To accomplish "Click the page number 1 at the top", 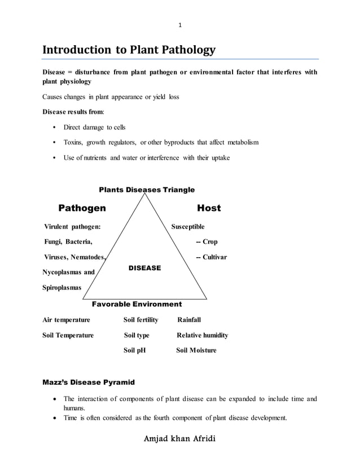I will (180, 25).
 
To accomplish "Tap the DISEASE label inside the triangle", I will (145, 268).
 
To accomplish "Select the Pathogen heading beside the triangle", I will (82, 208).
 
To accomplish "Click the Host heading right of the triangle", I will (209, 208).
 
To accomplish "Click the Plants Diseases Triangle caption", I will (147, 190).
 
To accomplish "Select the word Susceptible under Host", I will (188, 227).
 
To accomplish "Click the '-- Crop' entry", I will (206, 242).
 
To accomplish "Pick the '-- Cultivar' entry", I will (210, 257).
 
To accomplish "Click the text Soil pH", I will (134, 350).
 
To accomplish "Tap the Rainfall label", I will (189, 320).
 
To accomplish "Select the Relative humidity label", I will (202, 335).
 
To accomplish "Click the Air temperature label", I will (66, 320).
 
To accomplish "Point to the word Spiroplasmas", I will (62, 288).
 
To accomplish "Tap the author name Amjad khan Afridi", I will (180, 439).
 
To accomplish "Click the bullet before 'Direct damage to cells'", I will (53, 128).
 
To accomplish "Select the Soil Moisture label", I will (196, 350).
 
